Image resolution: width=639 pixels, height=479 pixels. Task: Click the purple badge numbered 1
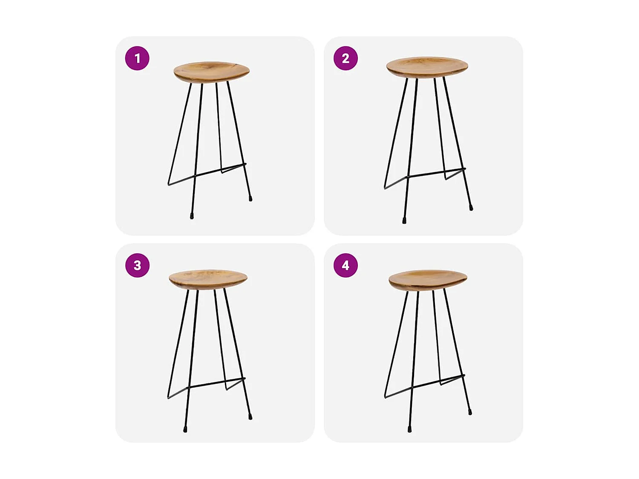[x=137, y=58]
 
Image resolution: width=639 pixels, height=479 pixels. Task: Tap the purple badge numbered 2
[x=345, y=58]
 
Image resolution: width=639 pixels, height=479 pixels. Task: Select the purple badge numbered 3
[x=137, y=265]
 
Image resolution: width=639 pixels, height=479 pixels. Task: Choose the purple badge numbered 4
[x=345, y=265]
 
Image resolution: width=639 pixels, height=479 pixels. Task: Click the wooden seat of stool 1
[x=211, y=71]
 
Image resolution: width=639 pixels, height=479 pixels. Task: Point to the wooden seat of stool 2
[x=427, y=67]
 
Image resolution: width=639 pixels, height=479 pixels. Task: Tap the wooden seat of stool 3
[x=208, y=279]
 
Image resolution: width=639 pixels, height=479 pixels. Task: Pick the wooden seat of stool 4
[x=428, y=279]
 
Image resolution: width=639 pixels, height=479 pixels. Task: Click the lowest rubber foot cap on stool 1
[x=192, y=216]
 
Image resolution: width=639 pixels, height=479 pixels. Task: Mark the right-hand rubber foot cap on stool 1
[x=250, y=198]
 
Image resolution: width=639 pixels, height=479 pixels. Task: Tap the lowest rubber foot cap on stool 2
[x=404, y=221]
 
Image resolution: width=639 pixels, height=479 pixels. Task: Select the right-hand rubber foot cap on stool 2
[x=471, y=208]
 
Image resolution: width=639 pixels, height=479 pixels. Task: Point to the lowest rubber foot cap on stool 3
[x=185, y=430]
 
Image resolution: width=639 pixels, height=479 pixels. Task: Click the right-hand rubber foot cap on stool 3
[x=250, y=417]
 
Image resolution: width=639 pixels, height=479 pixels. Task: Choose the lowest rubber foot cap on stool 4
[x=409, y=430]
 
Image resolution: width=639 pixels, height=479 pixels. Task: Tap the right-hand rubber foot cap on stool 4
[x=470, y=412]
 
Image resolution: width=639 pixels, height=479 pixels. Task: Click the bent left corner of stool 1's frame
[x=169, y=184]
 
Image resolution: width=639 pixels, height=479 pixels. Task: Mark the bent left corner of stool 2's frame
[x=385, y=187]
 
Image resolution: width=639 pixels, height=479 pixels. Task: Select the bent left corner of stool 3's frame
[x=169, y=398]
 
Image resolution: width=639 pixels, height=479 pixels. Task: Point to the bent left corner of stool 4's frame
[x=386, y=397]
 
